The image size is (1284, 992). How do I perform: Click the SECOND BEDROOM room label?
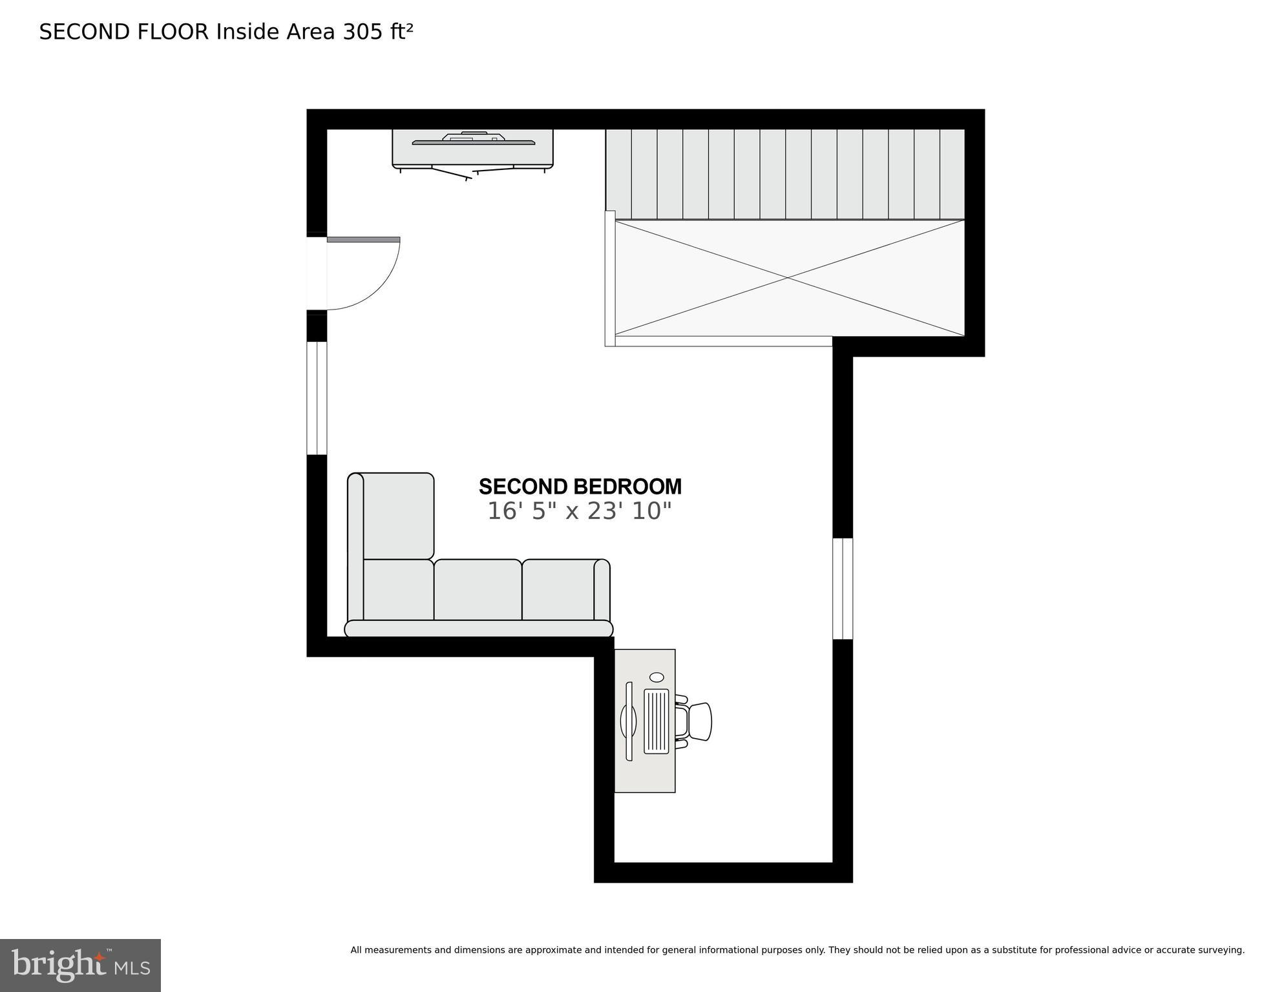point(580,486)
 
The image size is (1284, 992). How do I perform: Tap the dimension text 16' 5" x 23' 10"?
point(579,511)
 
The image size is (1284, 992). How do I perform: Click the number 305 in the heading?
point(363,32)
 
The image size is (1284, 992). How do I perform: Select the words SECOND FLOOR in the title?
point(124,32)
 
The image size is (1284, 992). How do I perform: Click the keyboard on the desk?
point(657,721)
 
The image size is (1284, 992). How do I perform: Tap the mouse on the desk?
point(657,677)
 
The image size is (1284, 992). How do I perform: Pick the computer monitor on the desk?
point(629,721)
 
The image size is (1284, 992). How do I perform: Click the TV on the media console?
point(473,140)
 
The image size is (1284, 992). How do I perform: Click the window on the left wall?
point(317,398)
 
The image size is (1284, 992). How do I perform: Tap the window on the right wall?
point(843,589)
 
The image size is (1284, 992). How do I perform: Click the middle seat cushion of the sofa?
point(478,589)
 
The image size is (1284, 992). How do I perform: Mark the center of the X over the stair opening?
point(788,278)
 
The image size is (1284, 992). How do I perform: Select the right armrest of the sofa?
point(602,589)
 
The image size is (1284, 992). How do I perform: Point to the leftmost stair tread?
point(618,174)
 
